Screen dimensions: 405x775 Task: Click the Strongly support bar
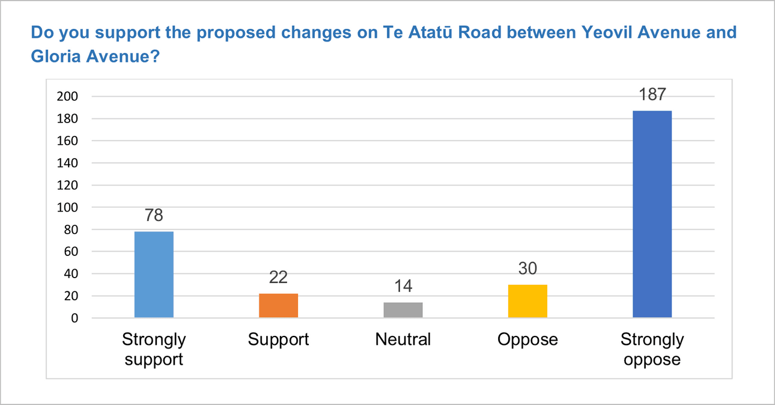pyautogui.click(x=154, y=275)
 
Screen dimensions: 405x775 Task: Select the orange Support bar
pyautogui.click(x=278, y=305)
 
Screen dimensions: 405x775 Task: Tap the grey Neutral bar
pyautogui.click(x=403, y=310)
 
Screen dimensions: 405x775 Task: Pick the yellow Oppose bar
pyautogui.click(x=527, y=301)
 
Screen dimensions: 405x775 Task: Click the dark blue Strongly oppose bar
pyautogui.click(x=652, y=215)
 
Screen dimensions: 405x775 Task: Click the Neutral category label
pyautogui.click(x=403, y=340)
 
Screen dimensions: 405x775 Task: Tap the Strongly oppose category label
pyautogui.click(x=652, y=350)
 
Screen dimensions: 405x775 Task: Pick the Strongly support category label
pyautogui.click(x=154, y=350)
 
